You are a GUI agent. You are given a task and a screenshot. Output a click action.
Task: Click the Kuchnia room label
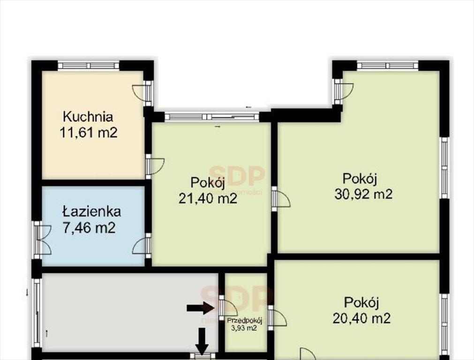88,116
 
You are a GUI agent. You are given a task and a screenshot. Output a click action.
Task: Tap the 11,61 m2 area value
88,133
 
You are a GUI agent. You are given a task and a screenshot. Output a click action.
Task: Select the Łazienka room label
91,211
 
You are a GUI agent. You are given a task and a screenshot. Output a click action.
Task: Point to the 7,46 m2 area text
89,228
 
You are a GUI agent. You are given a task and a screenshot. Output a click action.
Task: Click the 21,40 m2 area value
208,199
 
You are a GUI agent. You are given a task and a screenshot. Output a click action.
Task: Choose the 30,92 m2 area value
363,194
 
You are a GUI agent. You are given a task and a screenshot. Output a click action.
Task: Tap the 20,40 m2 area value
361,319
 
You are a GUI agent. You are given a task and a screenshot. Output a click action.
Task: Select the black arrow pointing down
202,341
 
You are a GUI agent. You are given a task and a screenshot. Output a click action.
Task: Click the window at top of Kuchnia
89,66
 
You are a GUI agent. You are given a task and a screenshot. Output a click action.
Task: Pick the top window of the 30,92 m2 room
387,66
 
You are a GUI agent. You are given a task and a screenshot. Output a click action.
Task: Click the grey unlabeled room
127,312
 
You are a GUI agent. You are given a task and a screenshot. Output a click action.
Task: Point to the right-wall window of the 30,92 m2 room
444,168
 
